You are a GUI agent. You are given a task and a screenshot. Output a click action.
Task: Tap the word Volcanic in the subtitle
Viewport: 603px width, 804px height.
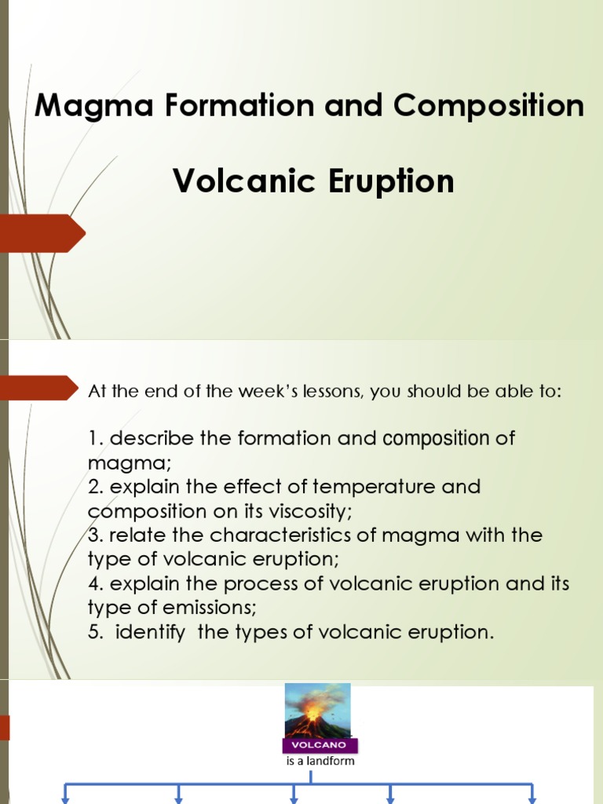click(x=237, y=181)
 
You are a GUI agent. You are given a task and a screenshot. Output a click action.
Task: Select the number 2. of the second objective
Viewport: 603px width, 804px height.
click(x=96, y=487)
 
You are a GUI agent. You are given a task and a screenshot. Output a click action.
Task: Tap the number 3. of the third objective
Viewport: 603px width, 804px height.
click(x=96, y=535)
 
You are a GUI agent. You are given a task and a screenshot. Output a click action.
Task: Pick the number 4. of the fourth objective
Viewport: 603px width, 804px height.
click(x=96, y=584)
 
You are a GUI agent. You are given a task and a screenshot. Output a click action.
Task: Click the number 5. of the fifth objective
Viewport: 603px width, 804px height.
click(x=96, y=633)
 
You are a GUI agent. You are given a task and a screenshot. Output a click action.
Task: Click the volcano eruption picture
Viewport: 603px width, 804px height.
click(x=317, y=710)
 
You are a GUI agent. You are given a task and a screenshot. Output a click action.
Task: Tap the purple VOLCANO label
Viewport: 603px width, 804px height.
click(x=318, y=744)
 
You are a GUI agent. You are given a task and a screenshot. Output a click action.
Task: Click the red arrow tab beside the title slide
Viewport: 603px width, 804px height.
click(x=43, y=232)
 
